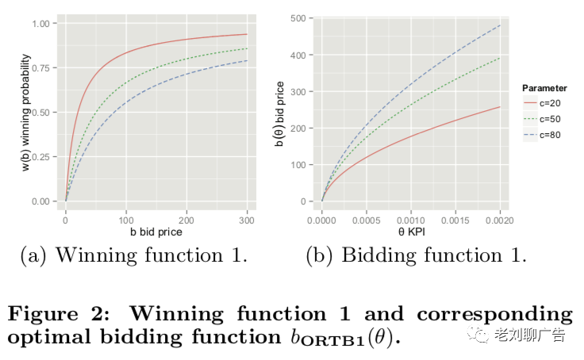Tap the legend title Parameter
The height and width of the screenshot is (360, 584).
point(544,88)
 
